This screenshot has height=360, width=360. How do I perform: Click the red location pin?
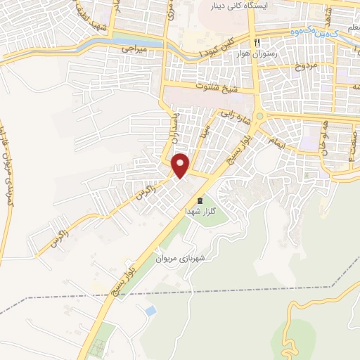click(x=181, y=165)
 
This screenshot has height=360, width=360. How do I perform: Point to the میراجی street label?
click(x=135, y=50)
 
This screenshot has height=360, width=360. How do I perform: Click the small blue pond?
click(x=150, y=309)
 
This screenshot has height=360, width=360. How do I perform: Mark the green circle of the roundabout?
click(x=259, y=117)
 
